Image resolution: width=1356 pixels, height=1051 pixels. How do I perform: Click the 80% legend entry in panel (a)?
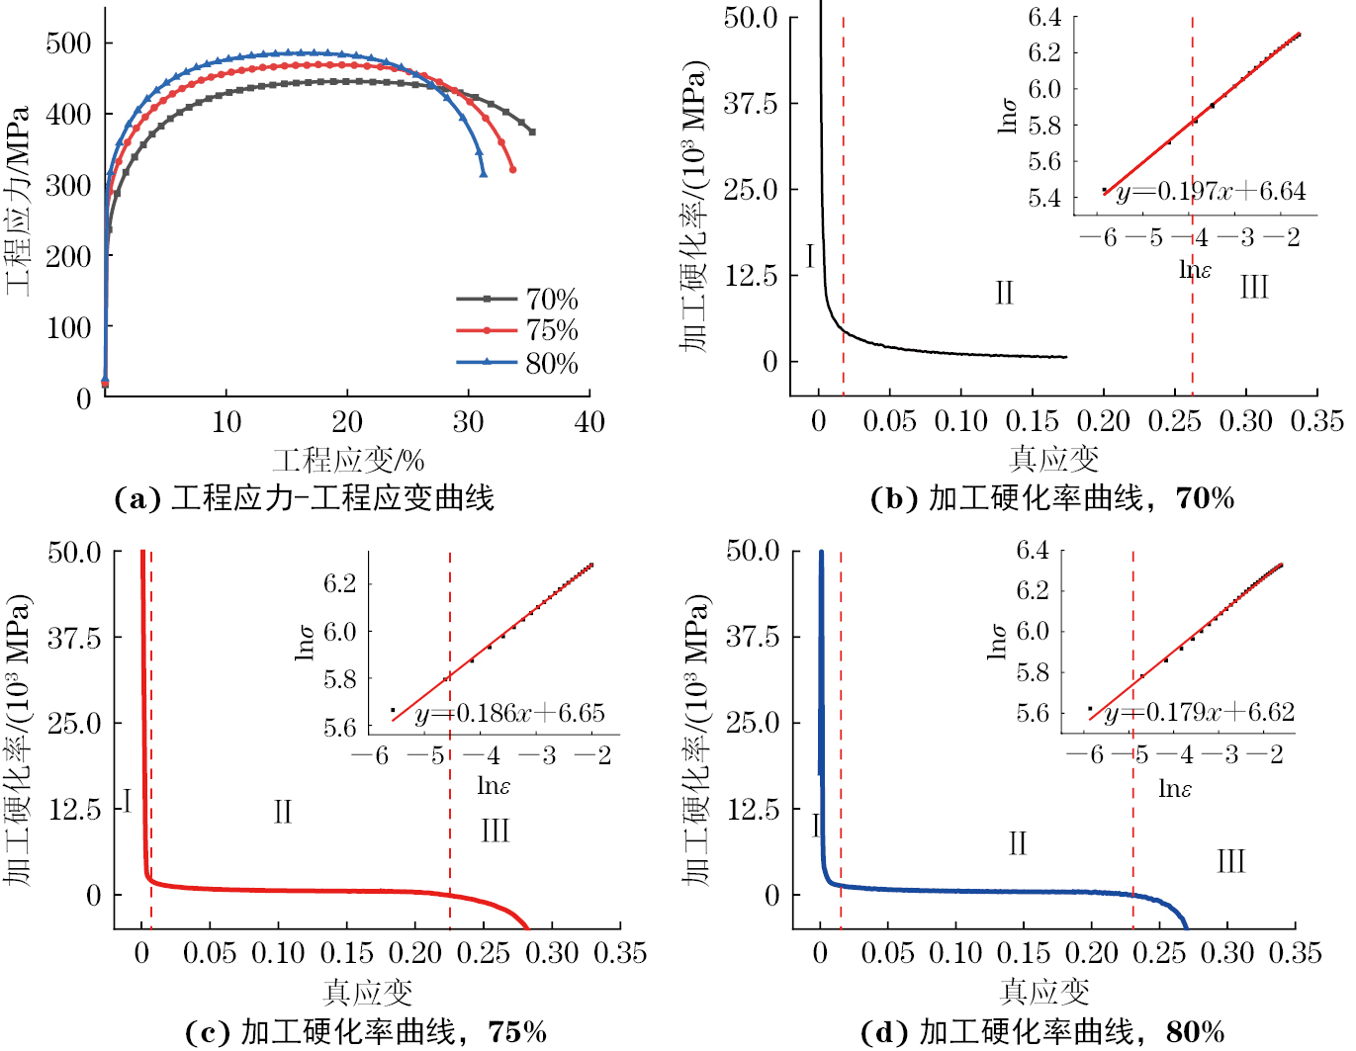[x=551, y=364]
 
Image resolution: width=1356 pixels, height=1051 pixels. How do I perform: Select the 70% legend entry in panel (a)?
[x=551, y=300]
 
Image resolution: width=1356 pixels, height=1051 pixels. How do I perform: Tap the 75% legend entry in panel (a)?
[x=551, y=330]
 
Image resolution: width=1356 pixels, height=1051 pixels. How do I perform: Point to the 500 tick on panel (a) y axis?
[x=68, y=44]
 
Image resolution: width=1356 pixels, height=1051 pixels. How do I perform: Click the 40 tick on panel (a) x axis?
[x=589, y=423]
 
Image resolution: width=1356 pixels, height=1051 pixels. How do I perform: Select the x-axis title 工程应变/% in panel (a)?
[x=348, y=460]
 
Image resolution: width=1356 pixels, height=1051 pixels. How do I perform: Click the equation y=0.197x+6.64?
[x=1211, y=192]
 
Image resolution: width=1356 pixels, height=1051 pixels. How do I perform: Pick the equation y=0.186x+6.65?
[x=509, y=714]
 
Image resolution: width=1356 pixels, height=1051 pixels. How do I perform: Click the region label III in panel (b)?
[x=1253, y=288]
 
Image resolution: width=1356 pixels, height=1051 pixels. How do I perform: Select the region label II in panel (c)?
[x=283, y=813]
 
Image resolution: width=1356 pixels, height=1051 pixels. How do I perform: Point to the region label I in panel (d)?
[x=816, y=826]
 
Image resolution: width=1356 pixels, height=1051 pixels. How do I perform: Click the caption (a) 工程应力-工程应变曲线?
[x=305, y=498]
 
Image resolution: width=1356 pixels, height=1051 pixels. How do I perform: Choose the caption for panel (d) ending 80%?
[x=1043, y=1033]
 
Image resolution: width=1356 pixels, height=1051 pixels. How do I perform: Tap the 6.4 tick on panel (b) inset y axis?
[x=1044, y=17]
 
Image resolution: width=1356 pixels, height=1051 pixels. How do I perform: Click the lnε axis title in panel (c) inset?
[x=494, y=786]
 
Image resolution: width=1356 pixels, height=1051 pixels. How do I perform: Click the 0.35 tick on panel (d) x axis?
[x=1295, y=953]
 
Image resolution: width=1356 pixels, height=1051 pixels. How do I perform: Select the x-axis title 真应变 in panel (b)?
[x=1053, y=459]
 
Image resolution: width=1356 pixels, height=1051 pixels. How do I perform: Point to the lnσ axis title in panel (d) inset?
[x=997, y=642]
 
